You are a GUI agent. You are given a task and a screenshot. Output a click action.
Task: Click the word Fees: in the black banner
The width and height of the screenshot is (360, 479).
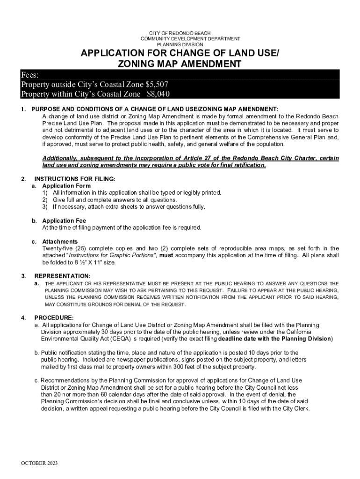coord(30,75)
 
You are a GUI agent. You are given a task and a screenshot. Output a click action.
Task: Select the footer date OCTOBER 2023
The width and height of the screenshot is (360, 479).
coord(39,463)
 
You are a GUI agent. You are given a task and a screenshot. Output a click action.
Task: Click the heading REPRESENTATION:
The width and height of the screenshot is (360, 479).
coord(62,276)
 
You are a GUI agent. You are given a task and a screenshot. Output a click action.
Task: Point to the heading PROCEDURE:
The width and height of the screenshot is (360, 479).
coord(54,318)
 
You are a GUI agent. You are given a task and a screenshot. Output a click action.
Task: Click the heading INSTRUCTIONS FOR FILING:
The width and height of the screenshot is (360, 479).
coord(75,179)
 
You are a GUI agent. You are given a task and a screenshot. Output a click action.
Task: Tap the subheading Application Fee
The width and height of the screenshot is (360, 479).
coord(64,221)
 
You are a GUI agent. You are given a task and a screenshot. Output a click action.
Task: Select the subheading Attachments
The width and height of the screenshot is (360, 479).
coord(60,242)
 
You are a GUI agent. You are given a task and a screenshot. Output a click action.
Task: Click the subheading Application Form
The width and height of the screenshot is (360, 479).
coord(66,186)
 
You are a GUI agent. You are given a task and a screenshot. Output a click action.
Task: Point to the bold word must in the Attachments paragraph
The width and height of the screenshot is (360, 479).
coord(167,255)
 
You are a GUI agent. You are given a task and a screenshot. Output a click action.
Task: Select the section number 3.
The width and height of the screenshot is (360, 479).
coord(23,276)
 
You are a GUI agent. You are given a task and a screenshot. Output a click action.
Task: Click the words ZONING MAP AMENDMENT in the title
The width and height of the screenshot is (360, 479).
coord(180,64)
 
